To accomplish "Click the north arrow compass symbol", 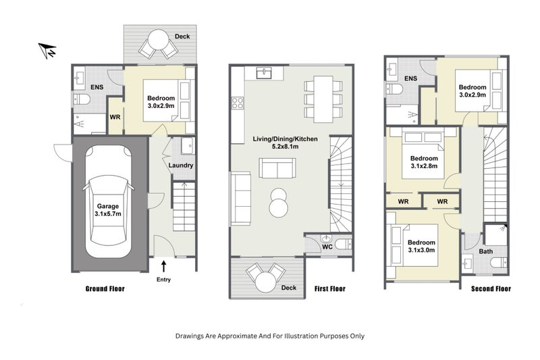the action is coord(47,50).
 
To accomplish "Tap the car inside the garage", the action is coord(108,201).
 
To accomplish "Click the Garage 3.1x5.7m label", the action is coord(108,210).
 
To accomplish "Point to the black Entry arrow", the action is coord(164,266).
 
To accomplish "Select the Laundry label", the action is coord(181,165).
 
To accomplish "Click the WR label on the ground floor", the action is coord(115,117).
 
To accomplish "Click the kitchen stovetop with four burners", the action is coord(238,103).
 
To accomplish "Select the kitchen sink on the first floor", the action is coord(264,73).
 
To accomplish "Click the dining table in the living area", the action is coord(323,99).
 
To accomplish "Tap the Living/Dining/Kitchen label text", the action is coord(285,139).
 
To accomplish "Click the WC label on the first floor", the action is coord(327,247).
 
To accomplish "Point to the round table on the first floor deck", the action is coord(265,282).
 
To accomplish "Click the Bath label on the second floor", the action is coord(485,251).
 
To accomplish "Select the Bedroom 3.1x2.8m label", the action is coord(424,162).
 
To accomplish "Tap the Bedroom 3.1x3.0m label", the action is coord(421,246).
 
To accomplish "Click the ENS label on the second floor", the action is coord(410,78).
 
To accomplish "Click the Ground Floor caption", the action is coord(105,288).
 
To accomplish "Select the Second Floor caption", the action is coord(491,288).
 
